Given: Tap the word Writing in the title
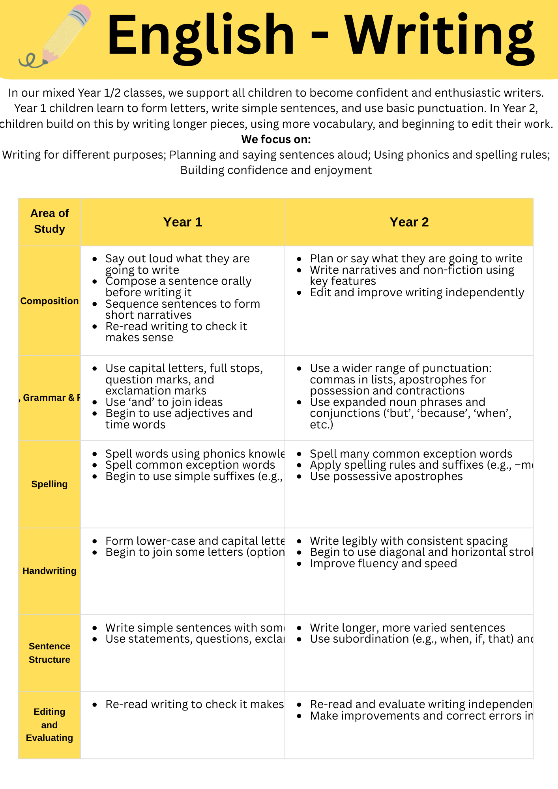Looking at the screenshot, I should pos(440,36).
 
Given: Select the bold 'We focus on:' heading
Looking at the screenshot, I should pos(276,139).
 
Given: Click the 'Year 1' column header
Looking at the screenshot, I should pos(183,222).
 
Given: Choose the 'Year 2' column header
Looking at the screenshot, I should pos(409,222).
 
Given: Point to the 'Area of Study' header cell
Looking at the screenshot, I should pos(50,221).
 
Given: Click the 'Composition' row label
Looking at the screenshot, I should pos(50,301).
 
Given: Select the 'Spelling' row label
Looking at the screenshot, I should pos(50,484).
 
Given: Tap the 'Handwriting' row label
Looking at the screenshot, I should pos(50,571).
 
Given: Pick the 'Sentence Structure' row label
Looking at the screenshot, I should pos(50,653).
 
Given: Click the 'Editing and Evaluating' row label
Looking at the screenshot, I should pos(50,725).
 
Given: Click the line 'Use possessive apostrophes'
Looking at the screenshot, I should pos(386,477).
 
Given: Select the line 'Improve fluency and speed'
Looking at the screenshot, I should pos(383,564).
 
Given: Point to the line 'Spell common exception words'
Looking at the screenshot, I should pos(190,465).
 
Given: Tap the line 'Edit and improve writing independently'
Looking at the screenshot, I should pos(417,293).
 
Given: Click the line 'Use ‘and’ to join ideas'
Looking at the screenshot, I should pos(164,402).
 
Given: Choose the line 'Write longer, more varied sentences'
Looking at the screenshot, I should pos(407,628).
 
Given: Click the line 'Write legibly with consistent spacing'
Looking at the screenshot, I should pos(408,541).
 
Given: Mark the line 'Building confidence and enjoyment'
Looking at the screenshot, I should pos(276,170).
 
